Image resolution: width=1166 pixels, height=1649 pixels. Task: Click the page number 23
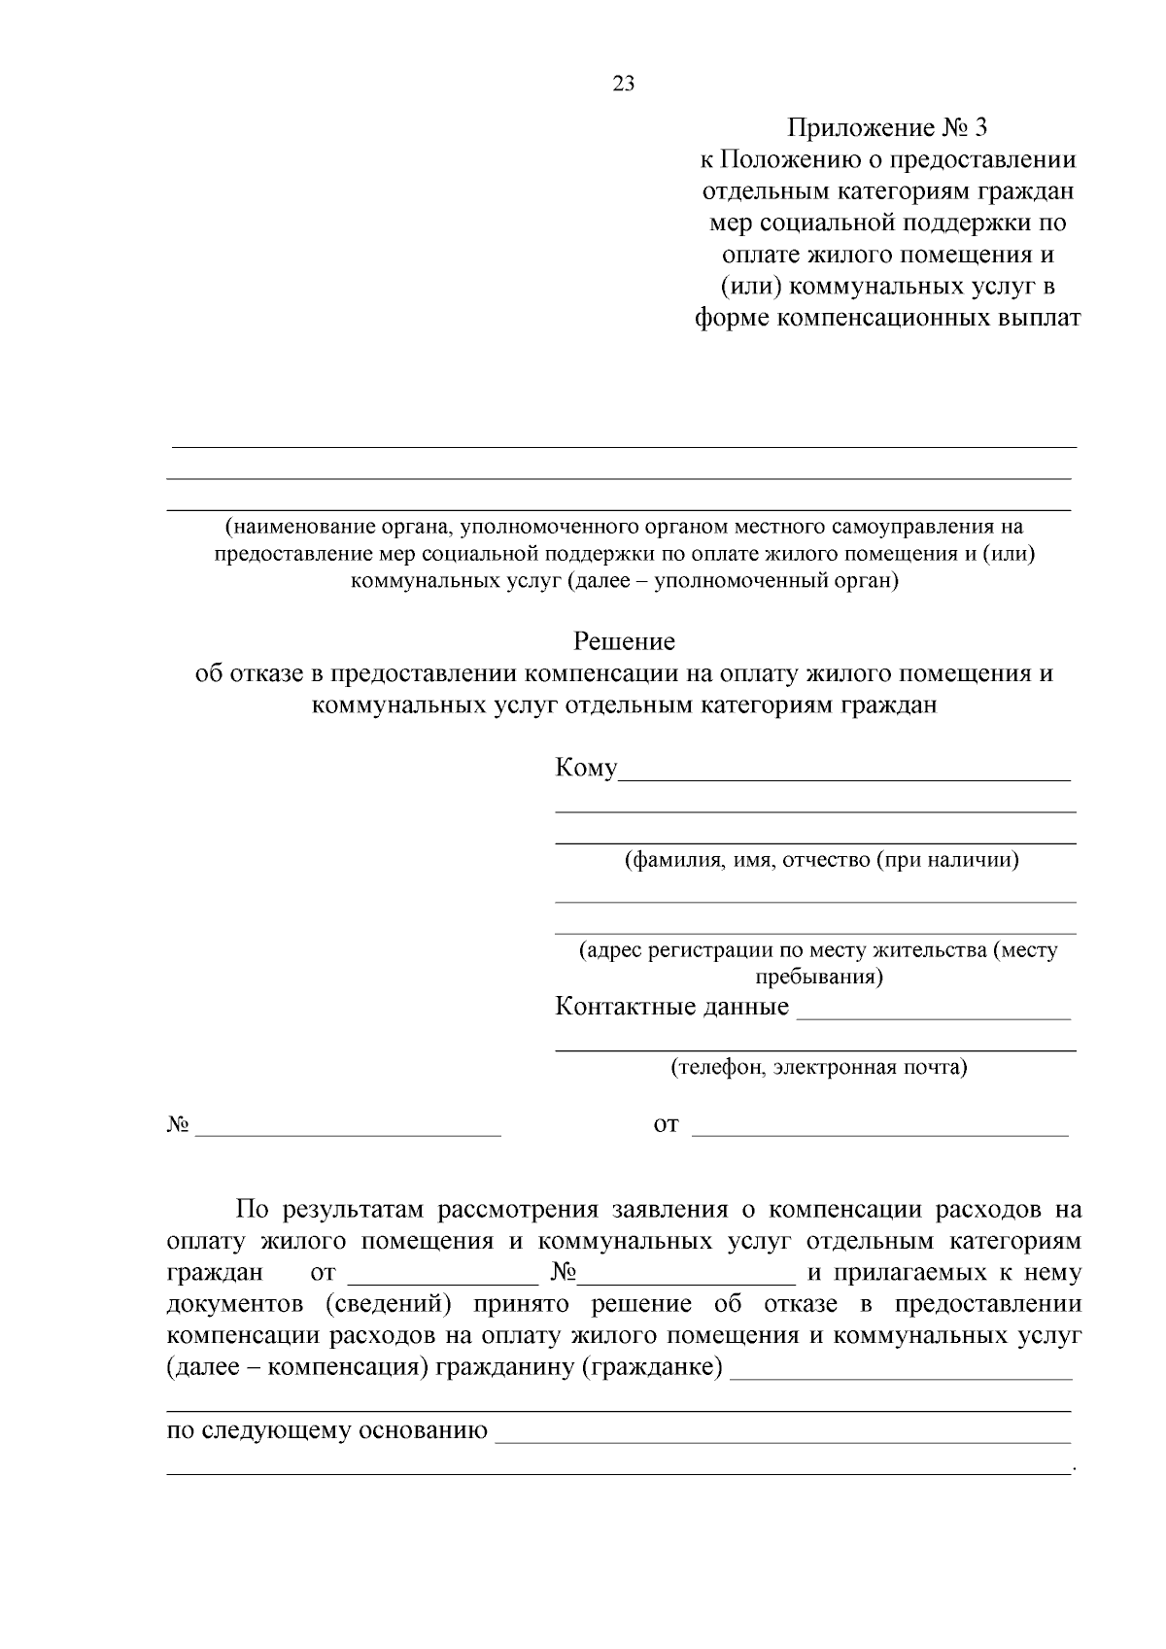624,84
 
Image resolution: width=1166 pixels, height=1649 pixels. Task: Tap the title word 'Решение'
624,641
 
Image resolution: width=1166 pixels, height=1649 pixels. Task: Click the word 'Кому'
586,768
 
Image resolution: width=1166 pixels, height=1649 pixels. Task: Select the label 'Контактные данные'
671,1007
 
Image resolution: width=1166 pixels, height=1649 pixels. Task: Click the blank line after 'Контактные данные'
933,1016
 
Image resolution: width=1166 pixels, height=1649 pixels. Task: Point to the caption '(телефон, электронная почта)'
819,1068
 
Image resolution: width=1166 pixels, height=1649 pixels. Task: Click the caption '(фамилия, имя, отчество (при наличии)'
821,860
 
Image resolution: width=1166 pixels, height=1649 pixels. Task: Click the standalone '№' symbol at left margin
178,1125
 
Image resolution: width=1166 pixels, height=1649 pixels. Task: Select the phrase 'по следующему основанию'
327,1430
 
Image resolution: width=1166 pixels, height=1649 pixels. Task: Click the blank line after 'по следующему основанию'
782,1440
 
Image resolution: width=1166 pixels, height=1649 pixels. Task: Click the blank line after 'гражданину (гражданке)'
900,1376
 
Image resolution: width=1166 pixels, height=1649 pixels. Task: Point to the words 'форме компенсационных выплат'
887,318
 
